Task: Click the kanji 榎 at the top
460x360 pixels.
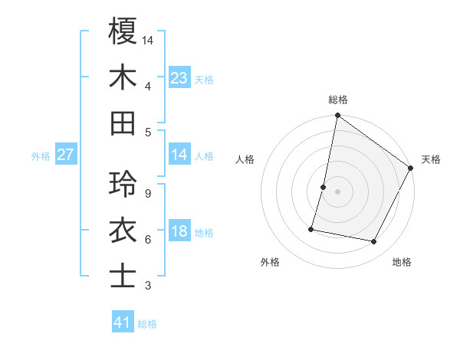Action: (123, 31)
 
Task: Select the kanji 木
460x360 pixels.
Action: (123, 77)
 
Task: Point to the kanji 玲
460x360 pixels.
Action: (123, 184)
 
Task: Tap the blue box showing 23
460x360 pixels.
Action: (179, 78)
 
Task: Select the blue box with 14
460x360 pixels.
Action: (179, 155)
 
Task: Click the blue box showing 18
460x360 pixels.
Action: (179, 231)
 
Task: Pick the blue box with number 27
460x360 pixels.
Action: (66, 155)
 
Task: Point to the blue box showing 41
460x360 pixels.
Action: (123, 322)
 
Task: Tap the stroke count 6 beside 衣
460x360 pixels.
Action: (147, 240)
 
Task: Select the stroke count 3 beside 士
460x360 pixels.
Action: (147, 286)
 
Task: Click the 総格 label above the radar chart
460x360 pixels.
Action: (337, 100)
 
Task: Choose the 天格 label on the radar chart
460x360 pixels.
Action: (431, 159)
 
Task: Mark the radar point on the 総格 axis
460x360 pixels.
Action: (337, 116)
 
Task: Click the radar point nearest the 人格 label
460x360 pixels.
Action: (324, 187)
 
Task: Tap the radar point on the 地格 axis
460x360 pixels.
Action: (374, 242)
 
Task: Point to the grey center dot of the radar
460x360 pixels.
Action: (337, 191)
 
